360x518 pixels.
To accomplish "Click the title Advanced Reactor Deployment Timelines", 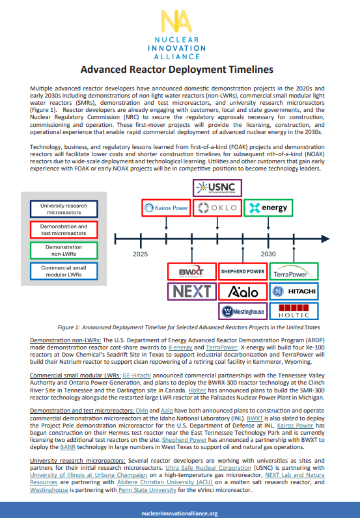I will pos(180,70).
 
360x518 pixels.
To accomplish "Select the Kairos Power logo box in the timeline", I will pos(166,208).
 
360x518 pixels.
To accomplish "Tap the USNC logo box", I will pos(217,188).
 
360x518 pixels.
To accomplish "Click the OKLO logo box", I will pos(217,208).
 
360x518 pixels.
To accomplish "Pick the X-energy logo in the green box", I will pos(268,208).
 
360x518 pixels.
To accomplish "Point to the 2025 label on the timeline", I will pos(141,253).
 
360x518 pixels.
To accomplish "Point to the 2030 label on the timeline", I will pos(268,253).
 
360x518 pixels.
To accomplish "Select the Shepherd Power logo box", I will pos(242,271).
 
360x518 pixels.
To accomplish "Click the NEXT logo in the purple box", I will pos(191,291).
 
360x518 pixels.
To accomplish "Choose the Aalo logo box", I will pos(242,291).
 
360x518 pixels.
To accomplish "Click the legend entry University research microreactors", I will pos(62,210).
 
